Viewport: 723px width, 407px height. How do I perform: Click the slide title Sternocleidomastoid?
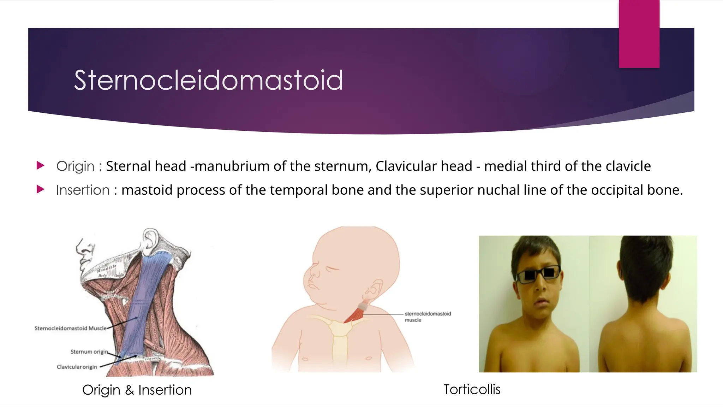tap(208, 80)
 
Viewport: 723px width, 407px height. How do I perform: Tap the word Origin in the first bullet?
tap(75, 166)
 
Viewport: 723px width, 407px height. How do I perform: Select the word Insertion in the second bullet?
tap(83, 190)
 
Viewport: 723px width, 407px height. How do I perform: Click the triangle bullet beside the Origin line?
tap(40, 165)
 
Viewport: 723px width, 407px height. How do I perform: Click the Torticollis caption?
tap(472, 389)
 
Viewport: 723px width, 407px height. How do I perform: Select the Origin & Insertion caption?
tap(137, 390)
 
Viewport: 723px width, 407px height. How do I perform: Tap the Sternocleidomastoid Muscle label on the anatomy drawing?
tap(71, 328)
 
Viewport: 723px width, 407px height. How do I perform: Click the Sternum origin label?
tap(89, 352)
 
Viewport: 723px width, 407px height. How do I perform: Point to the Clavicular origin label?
tap(77, 367)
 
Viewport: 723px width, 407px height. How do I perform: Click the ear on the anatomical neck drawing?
tap(150, 241)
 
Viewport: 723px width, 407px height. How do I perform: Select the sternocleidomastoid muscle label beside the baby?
tap(428, 317)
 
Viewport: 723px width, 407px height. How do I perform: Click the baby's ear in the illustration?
tap(374, 288)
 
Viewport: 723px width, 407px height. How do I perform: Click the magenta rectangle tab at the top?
tap(639, 34)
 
